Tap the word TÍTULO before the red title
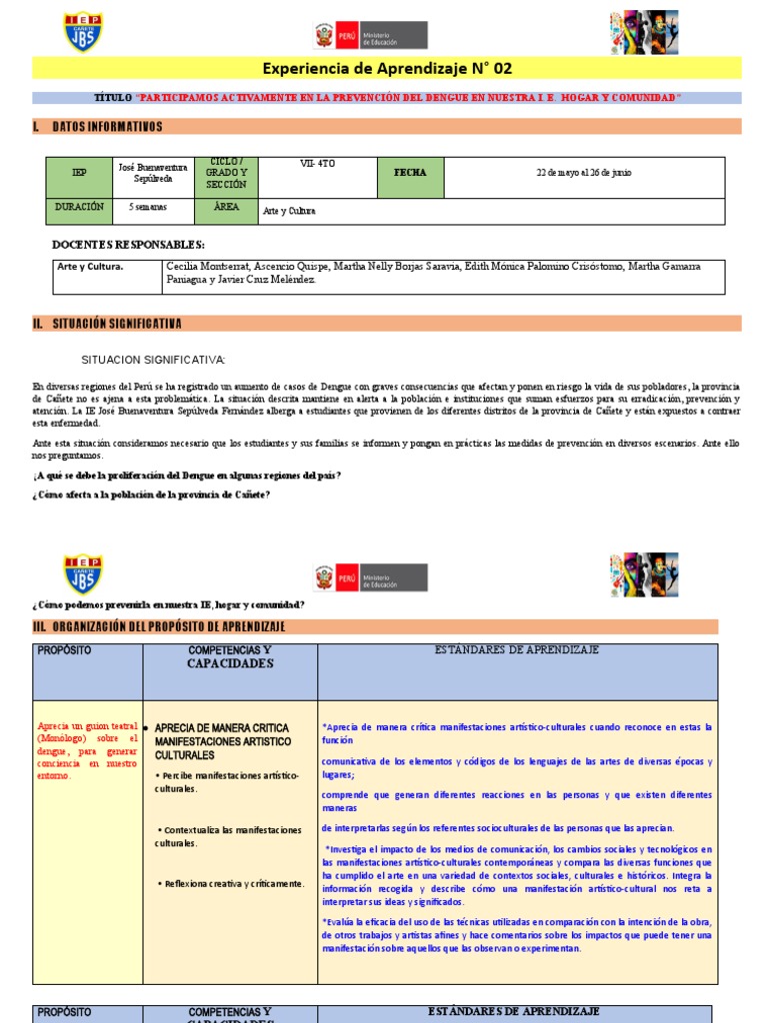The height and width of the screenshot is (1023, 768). (x=112, y=98)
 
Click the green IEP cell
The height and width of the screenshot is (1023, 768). (x=79, y=173)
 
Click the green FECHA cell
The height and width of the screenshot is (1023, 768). (x=410, y=173)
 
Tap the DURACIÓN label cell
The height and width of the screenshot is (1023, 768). (x=79, y=207)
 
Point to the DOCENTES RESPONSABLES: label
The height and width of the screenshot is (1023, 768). (x=128, y=244)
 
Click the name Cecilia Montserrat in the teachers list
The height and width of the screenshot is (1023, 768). (x=205, y=267)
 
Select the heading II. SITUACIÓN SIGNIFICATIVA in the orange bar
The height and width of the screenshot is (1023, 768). (x=108, y=324)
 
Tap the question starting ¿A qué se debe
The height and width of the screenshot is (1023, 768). (x=186, y=476)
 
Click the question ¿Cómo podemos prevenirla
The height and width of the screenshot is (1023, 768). (x=168, y=605)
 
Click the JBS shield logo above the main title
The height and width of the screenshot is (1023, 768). (x=83, y=32)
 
